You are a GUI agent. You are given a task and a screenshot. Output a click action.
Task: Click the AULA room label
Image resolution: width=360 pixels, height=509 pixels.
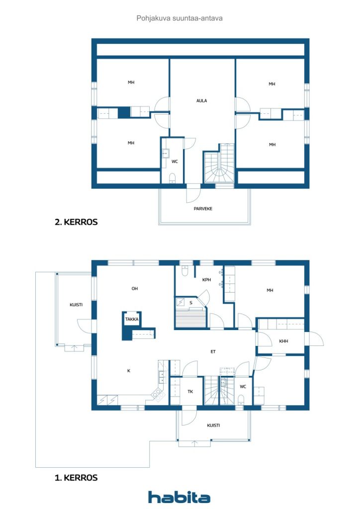point(201,100)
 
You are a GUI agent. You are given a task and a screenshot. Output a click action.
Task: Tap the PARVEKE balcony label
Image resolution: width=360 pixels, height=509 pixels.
point(203,209)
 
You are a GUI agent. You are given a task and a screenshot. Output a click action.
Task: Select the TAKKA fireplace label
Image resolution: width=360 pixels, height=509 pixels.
point(132,319)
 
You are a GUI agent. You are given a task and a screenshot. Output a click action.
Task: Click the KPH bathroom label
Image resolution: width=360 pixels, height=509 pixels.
point(206,279)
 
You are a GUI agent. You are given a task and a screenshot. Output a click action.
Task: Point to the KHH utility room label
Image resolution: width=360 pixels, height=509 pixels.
point(283,341)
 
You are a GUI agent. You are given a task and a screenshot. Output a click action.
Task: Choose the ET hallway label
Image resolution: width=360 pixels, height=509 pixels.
point(213,351)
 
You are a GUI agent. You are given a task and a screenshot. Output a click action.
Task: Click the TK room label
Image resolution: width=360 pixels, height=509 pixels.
point(190,392)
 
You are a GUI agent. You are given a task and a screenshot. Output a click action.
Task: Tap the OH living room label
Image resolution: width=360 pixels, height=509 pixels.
point(134,288)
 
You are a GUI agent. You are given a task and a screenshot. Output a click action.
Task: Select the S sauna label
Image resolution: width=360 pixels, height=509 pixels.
point(191,303)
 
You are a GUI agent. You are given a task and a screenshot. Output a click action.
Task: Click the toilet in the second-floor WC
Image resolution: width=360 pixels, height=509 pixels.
point(173,178)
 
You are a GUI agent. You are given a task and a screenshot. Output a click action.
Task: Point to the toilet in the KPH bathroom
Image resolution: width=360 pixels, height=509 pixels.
point(184,270)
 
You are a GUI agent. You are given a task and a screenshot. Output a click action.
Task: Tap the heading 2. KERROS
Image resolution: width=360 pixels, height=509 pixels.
point(76,222)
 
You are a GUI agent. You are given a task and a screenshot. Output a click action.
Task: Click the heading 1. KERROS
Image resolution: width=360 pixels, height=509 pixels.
point(76,478)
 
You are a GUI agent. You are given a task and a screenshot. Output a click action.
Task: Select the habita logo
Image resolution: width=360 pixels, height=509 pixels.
point(179,497)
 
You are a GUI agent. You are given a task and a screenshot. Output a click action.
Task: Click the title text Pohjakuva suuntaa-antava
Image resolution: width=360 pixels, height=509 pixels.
point(180,18)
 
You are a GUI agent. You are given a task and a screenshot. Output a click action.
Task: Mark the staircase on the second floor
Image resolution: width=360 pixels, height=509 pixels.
point(219,163)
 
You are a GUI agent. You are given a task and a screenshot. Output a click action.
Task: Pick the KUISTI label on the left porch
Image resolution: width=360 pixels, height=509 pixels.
point(76,305)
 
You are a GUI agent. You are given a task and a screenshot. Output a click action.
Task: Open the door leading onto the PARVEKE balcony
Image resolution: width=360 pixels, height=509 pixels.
point(193,193)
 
